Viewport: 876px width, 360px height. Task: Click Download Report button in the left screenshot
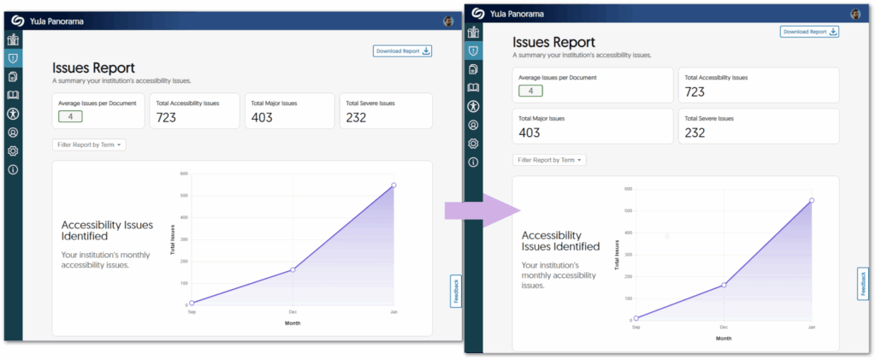[402, 50]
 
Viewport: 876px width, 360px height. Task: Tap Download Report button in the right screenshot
[809, 32]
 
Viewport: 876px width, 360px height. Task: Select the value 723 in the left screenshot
[166, 117]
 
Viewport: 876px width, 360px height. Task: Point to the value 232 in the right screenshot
[695, 133]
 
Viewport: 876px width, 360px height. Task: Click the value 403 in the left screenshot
[262, 117]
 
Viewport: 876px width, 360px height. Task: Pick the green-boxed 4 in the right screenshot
[530, 91]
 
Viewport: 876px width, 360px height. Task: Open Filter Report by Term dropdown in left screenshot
[89, 145]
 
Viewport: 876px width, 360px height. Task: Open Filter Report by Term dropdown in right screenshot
[549, 160]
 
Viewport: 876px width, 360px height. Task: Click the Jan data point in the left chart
[394, 185]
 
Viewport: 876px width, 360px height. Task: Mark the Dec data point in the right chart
[724, 285]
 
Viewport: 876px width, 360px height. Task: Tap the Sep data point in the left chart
[192, 303]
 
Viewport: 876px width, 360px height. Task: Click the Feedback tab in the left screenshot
[455, 292]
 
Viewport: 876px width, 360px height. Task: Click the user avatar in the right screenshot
[855, 14]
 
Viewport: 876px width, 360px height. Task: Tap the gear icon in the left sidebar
[13, 150]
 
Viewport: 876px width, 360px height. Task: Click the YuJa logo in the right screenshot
[476, 14]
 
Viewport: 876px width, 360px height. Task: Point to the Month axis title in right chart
[724, 339]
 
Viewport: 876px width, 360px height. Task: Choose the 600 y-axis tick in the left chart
[183, 174]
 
